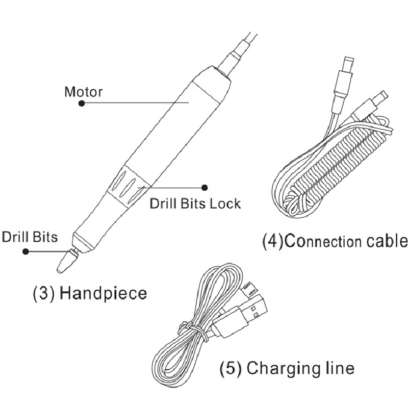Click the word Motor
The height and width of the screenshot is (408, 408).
pyautogui.click(x=83, y=92)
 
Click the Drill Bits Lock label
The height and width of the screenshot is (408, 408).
pyautogui.click(x=195, y=203)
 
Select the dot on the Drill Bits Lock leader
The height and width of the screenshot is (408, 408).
pyautogui.click(x=205, y=187)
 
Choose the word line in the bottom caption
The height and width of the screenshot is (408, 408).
pyautogui.click(x=338, y=367)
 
